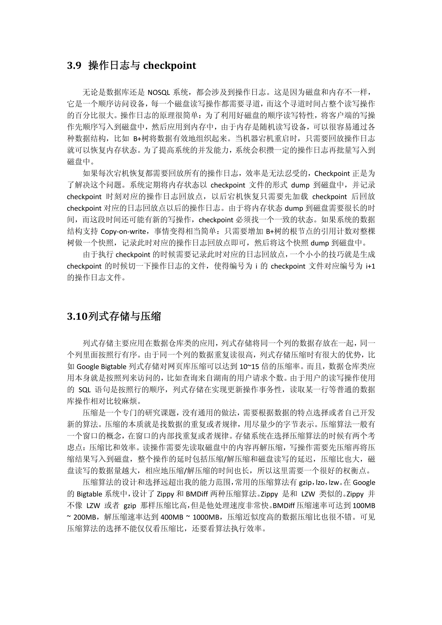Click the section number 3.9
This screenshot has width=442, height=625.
(x=74, y=66)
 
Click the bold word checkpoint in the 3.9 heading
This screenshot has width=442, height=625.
(x=169, y=66)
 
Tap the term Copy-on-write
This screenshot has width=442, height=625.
(x=123, y=231)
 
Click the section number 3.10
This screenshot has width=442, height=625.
(x=77, y=316)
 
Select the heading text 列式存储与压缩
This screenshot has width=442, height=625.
(x=125, y=316)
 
